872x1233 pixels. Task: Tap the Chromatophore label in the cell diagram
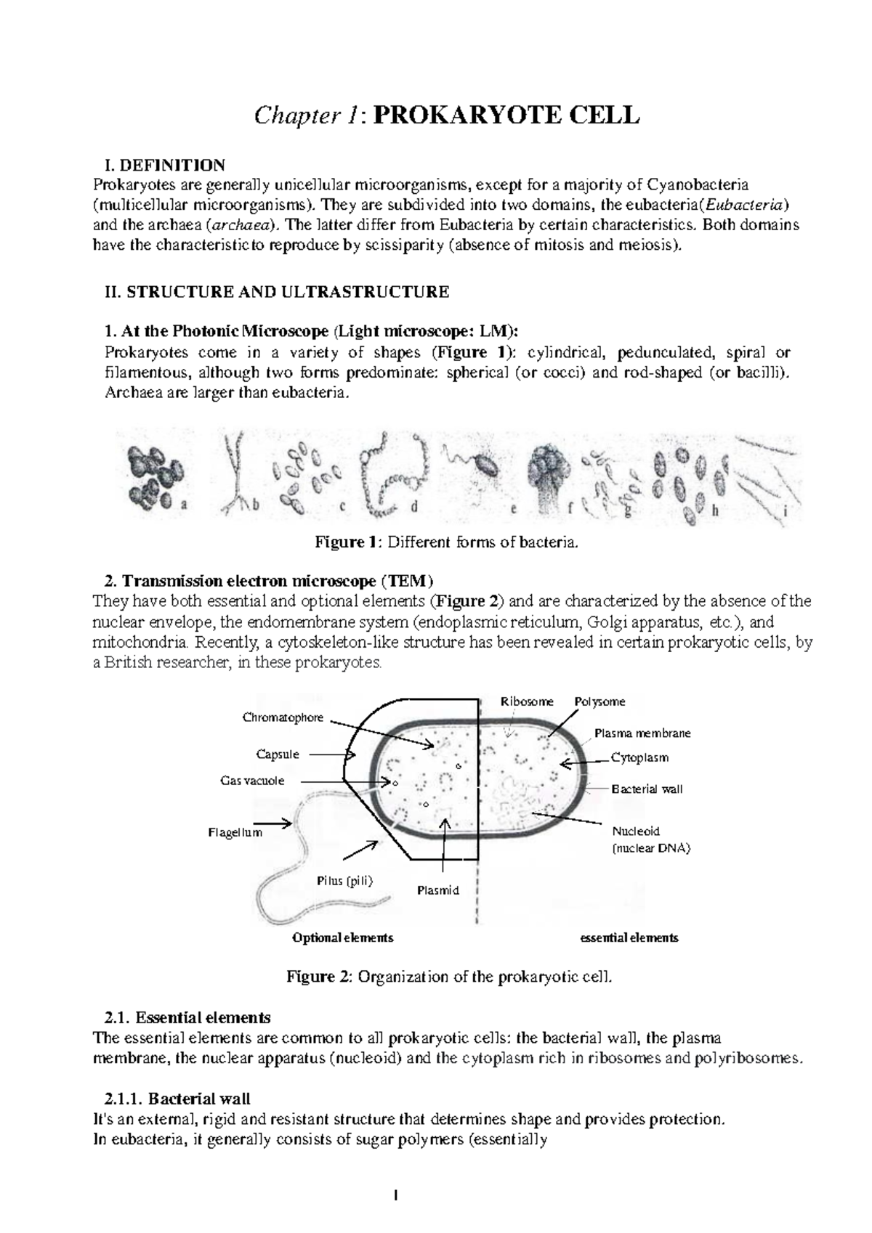(283, 717)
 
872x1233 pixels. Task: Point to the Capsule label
(278, 754)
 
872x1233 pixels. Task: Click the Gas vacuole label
(252, 781)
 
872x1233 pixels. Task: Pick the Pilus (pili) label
(344, 881)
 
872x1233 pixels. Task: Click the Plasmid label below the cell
(438, 890)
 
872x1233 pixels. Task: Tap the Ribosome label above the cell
(527, 701)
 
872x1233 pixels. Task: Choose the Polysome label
(599, 701)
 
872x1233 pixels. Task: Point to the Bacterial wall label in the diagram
(647, 789)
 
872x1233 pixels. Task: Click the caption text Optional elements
(343, 937)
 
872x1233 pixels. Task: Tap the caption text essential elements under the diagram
(629, 937)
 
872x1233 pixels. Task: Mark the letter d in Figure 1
(414, 508)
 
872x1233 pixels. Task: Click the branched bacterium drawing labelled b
(235, 472)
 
